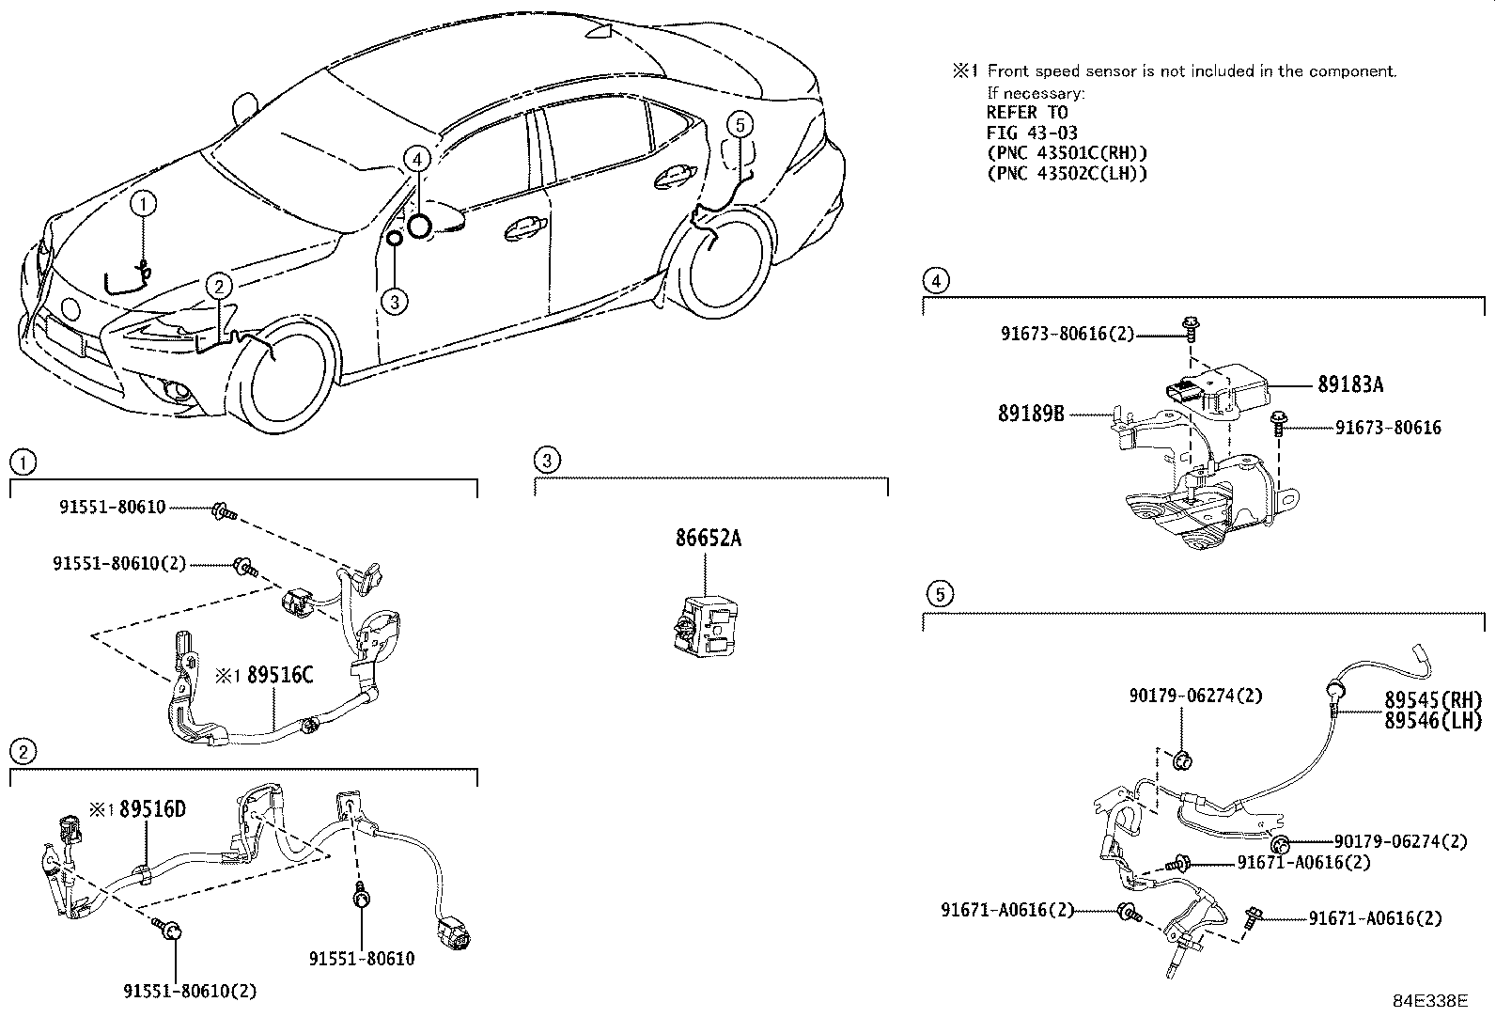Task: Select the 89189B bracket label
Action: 1031,413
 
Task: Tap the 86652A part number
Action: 708,539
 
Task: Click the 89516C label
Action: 279,675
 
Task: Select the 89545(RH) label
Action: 1432,700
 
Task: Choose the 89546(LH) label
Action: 1432,721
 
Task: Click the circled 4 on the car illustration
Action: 418,159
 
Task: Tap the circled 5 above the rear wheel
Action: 740,123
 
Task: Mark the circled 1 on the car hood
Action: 143,202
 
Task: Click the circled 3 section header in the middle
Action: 546,460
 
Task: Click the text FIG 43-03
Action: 1032,133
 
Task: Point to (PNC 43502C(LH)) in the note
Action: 1067,173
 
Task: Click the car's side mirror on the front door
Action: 447,221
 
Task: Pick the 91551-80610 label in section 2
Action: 362,959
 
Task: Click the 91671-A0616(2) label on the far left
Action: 1006,910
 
